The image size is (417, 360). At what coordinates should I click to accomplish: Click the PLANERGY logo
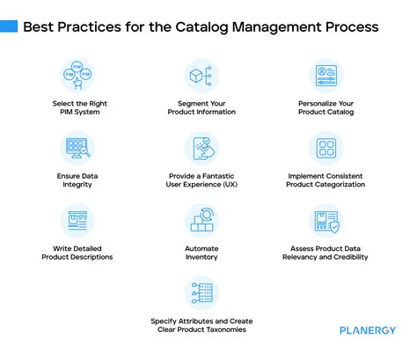[371, 330]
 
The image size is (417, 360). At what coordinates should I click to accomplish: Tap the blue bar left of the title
[8, 26]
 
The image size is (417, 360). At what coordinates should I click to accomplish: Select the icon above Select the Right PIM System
[77, 76]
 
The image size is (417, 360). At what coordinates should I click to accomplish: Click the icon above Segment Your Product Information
[201, 76]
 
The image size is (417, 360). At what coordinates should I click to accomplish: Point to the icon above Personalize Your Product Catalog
[326, 76]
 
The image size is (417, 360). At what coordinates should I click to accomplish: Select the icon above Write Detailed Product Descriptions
[77, 220]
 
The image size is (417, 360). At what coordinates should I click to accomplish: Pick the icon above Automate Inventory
[201, 220]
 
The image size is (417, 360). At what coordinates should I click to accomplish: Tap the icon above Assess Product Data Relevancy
[326, 220]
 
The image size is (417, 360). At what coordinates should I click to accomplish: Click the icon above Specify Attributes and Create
[201, 292]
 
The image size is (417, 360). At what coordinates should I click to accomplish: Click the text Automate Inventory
[201, 253]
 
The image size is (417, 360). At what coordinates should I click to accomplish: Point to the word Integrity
[77, 186]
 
